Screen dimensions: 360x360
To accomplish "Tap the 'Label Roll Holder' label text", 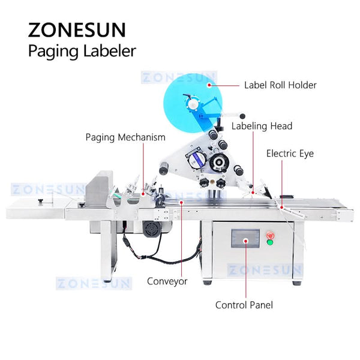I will (280, 85).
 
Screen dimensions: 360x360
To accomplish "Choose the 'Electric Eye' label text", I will (290, 154).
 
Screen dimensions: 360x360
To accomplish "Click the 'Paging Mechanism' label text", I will (125, 137).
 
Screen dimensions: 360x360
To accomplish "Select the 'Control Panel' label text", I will (244, 305).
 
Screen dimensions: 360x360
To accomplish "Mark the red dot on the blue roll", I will (209, 85).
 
